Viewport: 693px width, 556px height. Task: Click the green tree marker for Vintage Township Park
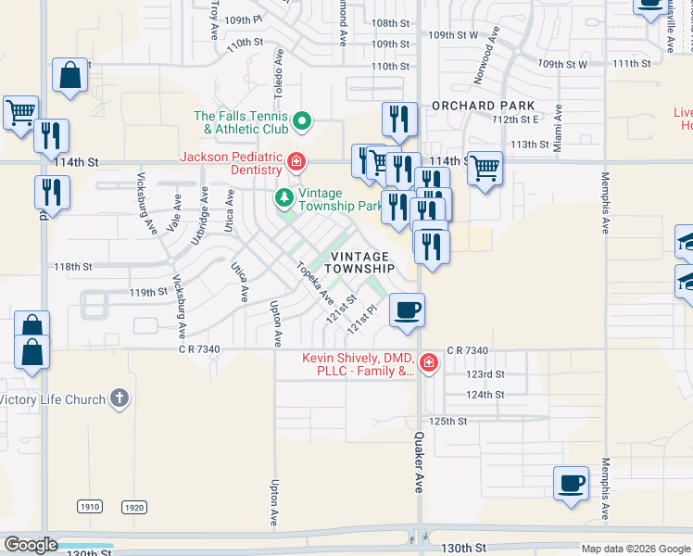(284, 197)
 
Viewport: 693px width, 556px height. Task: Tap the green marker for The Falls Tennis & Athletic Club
(301, 121)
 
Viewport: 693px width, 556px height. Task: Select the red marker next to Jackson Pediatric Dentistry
(296, 164)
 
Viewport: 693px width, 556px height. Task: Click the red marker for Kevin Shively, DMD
(428, 362)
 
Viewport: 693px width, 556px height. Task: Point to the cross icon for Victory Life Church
(118, 399)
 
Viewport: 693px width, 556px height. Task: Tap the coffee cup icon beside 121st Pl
(407, 309)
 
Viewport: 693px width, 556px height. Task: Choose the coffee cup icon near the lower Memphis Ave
(571, 483)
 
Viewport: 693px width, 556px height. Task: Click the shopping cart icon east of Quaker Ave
(485, 169)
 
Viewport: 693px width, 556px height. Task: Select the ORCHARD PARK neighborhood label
(484, 106)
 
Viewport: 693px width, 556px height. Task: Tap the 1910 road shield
(89, 507)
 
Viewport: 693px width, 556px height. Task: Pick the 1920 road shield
(134, 507)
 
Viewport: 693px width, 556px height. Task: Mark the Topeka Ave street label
(314, 283)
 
